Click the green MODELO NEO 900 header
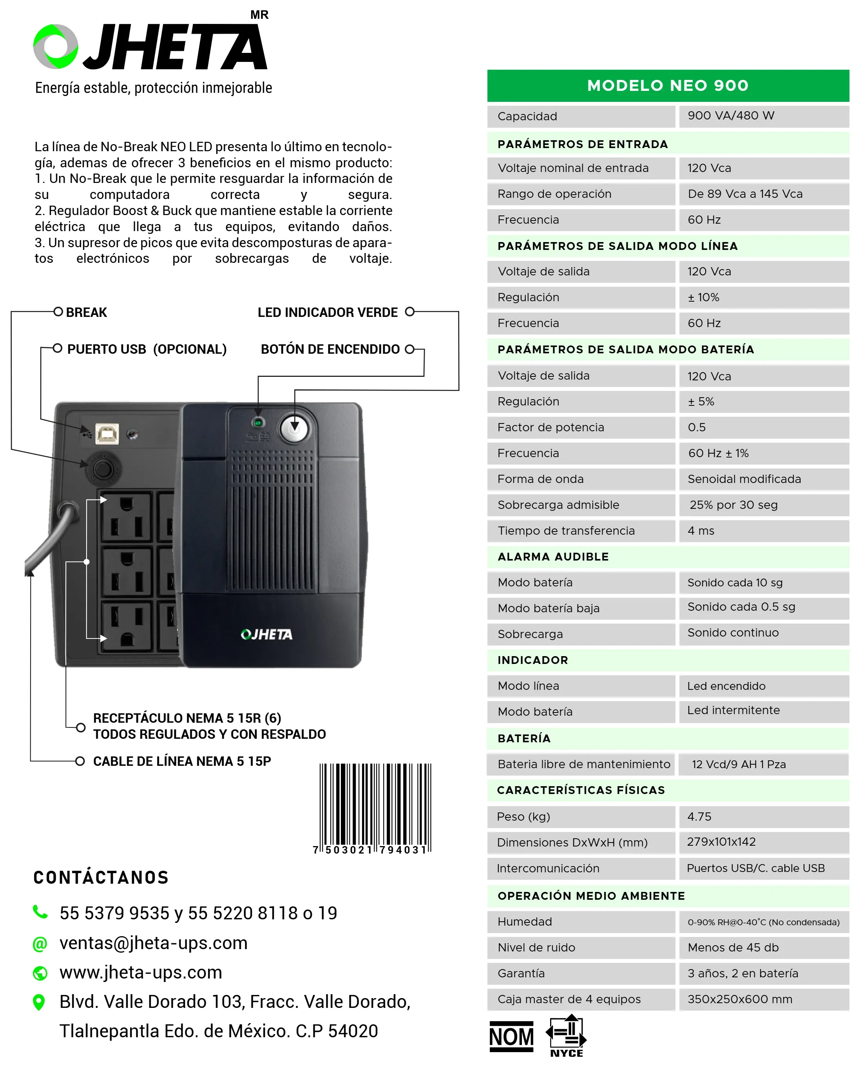[667, 86]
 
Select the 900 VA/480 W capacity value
[730, 116]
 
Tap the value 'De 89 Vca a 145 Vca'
[744, 194]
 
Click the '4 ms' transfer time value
[701, 531]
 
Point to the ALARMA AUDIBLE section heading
[553, 557]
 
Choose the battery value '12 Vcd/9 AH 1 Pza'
[739, 764]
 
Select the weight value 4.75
[699, 816]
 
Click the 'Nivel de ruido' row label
[536, 947]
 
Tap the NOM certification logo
[511, 1036]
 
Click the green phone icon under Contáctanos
[40, 912]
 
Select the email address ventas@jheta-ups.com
[153, 943]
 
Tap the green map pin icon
[39, 1002]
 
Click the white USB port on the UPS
[107, 434]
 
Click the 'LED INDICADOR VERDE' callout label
[327, 313]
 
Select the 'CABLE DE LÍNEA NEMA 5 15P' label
[181, 761]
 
